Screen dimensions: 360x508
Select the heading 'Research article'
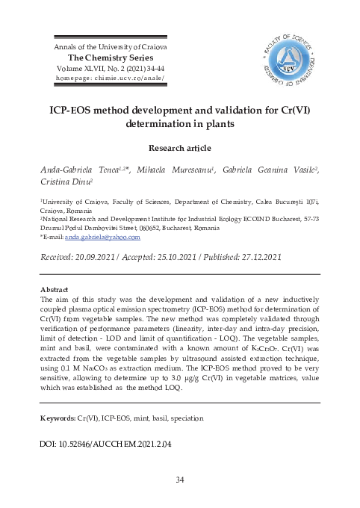[x=179, y=148]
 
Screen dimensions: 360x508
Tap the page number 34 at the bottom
[x=179, y=480]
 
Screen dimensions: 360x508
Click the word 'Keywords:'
[x=58, y=418]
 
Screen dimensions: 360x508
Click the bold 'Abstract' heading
[x=53, y=289]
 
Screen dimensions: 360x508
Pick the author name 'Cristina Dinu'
[x=64, y=182]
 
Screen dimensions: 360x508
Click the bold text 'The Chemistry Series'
[x=111, y=58]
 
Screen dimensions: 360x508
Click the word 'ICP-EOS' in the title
[x=77, y=109]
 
